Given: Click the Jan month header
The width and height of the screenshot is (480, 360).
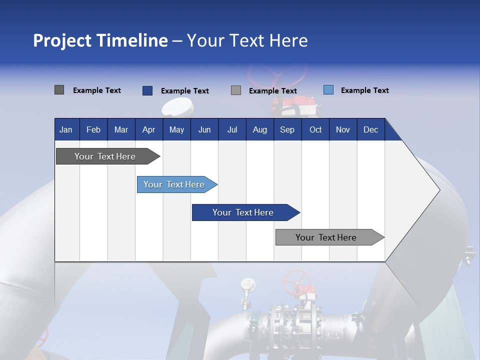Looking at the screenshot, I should tap(66, 129).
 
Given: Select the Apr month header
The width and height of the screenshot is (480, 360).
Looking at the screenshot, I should tap(148, 129).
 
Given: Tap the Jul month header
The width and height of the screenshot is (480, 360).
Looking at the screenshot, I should tap(232, 129).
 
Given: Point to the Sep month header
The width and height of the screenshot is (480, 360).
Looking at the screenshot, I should tap(287, 129).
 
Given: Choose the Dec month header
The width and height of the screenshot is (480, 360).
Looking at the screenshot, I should tap(370, 129).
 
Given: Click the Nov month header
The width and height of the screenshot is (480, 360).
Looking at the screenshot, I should tap(342, 129).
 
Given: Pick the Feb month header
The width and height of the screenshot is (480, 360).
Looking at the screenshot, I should tap(93, 129).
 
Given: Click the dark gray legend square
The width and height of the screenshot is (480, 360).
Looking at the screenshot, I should tap(59, 90).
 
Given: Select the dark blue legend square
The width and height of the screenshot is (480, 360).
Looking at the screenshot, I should tap(147, 90).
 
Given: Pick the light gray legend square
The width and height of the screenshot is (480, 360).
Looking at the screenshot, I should tap(236, 90).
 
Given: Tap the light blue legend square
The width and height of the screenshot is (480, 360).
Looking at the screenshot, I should tap(328, 90).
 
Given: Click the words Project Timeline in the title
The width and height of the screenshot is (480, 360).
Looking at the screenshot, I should tap(100, 40).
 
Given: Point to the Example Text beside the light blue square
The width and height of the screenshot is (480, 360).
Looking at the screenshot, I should tap(364, 90).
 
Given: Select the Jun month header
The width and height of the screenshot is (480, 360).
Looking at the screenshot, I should tap(204, 129).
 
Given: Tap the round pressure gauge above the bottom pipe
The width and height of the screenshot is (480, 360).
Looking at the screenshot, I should tap(245, 283).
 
